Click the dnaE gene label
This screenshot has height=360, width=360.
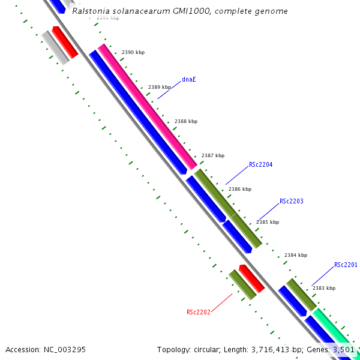189,79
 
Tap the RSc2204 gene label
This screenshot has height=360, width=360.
261,164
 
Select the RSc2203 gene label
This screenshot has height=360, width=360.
292,202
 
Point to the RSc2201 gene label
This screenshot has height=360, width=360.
346,265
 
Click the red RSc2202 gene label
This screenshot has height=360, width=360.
198,312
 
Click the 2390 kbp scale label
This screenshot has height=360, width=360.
133,53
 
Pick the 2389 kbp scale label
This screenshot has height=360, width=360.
160,87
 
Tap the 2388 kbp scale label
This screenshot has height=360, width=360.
186,121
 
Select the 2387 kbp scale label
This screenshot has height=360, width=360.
213,155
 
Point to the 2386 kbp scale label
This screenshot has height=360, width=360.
240,189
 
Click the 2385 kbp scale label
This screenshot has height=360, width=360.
268,222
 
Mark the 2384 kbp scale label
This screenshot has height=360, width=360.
296,255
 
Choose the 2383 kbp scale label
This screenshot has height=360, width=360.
324,288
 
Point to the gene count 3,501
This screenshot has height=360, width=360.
343,349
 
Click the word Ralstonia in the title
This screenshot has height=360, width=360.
91,11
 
